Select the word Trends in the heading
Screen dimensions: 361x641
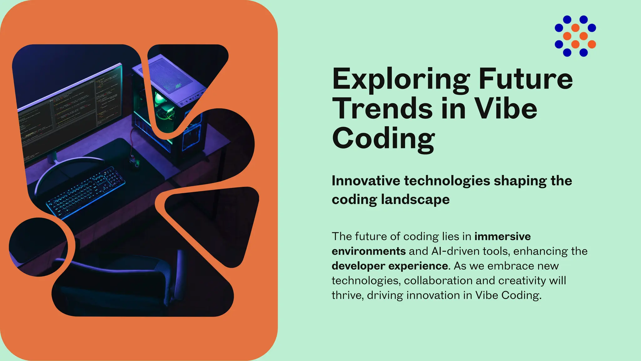[382, 108]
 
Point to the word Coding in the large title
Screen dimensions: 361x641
[383, 138]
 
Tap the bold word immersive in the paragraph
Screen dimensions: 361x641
[502, 236]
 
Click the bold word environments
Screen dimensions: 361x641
[368, 251]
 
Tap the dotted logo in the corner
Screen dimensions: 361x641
[575, 36]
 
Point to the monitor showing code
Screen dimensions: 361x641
[69, 110]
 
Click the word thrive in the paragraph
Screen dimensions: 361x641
[347, 295]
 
